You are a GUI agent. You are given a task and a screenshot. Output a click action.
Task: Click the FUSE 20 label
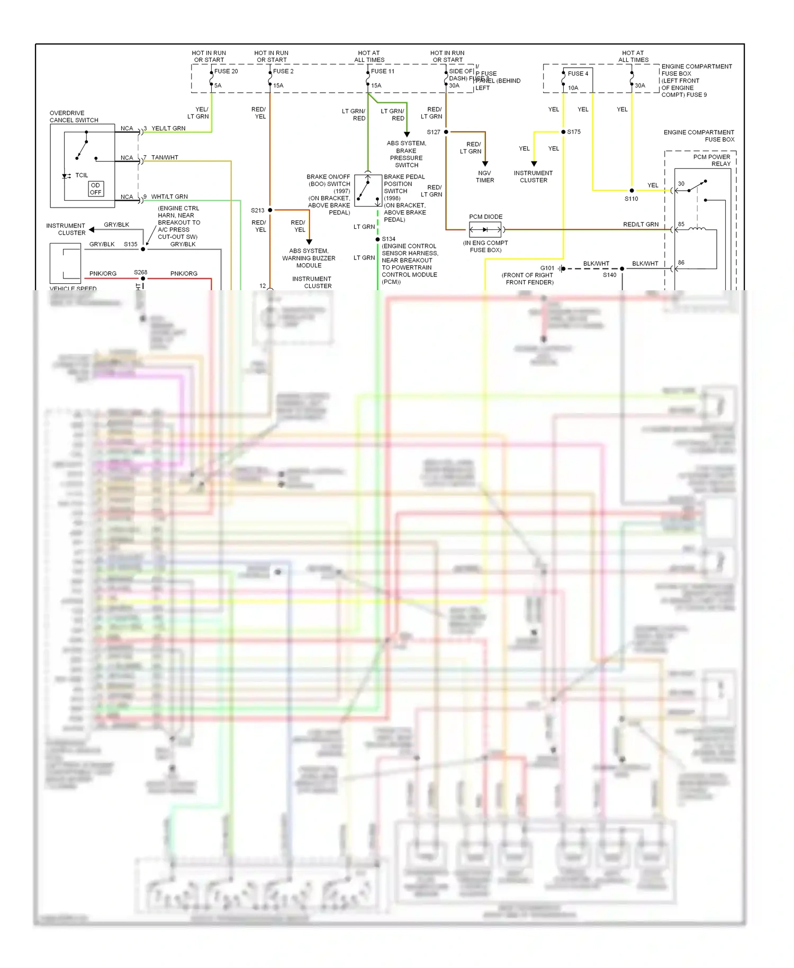coord(226,71)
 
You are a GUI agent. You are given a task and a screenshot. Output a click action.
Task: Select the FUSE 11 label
coord(382,71)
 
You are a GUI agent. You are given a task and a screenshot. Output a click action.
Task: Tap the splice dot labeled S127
coord(446,132)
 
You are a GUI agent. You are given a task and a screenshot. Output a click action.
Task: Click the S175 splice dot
coord(563,132)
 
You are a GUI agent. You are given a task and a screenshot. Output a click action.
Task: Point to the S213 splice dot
coord(270,210)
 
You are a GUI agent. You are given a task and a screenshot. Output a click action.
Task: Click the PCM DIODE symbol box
coord(485,230)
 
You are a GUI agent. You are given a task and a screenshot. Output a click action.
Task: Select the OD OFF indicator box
coord(96,189)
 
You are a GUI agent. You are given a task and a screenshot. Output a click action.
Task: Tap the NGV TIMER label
coord(485,177)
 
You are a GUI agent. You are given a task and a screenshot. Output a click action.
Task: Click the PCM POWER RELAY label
coord(712,160)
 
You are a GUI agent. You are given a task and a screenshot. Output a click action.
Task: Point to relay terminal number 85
coord(681,224)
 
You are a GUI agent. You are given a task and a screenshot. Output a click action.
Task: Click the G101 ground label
coord(547,268)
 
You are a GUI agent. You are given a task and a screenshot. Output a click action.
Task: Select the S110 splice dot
coord(631,191)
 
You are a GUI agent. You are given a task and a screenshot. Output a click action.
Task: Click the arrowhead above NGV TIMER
coord(485,164)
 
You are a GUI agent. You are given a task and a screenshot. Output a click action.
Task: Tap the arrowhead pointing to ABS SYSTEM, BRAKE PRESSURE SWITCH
coord(407,135)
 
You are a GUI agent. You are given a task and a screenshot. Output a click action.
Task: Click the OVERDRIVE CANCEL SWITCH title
coord(74,116)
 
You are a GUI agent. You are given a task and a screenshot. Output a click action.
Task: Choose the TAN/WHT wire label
coord(165,158)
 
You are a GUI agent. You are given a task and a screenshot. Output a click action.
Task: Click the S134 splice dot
coord(377,239)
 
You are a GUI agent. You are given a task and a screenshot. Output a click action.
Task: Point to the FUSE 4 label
coord(578,74)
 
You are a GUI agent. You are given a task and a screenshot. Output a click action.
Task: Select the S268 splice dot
coord(143,279)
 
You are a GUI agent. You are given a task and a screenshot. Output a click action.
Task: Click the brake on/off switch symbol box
coord(368,191)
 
